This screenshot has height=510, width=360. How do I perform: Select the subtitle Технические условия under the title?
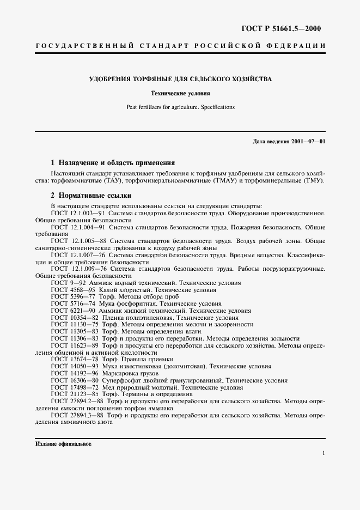[x=180, y=94]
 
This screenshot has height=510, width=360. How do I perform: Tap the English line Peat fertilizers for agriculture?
[x=180, y=107]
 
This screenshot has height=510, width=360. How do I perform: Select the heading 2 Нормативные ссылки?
[x=91, y=195]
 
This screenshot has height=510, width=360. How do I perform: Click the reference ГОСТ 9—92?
[x=68, y=283]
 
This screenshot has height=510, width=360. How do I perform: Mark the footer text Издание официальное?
[x=64, y=444]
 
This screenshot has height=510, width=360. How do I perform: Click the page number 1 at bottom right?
[x=324, y=453]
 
